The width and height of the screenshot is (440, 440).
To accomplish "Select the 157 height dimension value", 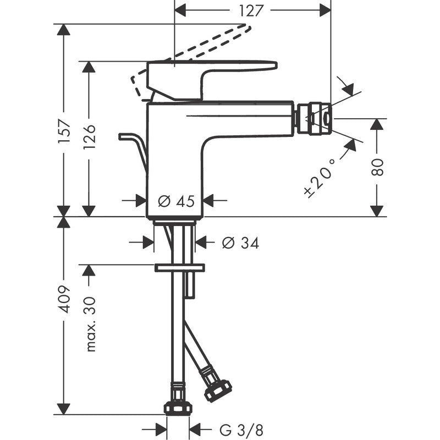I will pos(64,133).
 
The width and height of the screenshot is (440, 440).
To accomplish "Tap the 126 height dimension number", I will pos(89,137).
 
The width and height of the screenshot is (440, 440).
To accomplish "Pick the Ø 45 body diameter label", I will pos(176,201).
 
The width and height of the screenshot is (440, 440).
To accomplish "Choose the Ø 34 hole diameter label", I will pos(240,243).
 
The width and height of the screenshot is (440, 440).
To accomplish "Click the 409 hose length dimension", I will pos(64,300).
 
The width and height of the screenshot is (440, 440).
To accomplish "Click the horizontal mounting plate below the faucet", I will pos(179,268).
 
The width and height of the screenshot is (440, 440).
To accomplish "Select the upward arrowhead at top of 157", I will pos(64,30).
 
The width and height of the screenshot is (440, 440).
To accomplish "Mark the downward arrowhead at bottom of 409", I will pos(64,408).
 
